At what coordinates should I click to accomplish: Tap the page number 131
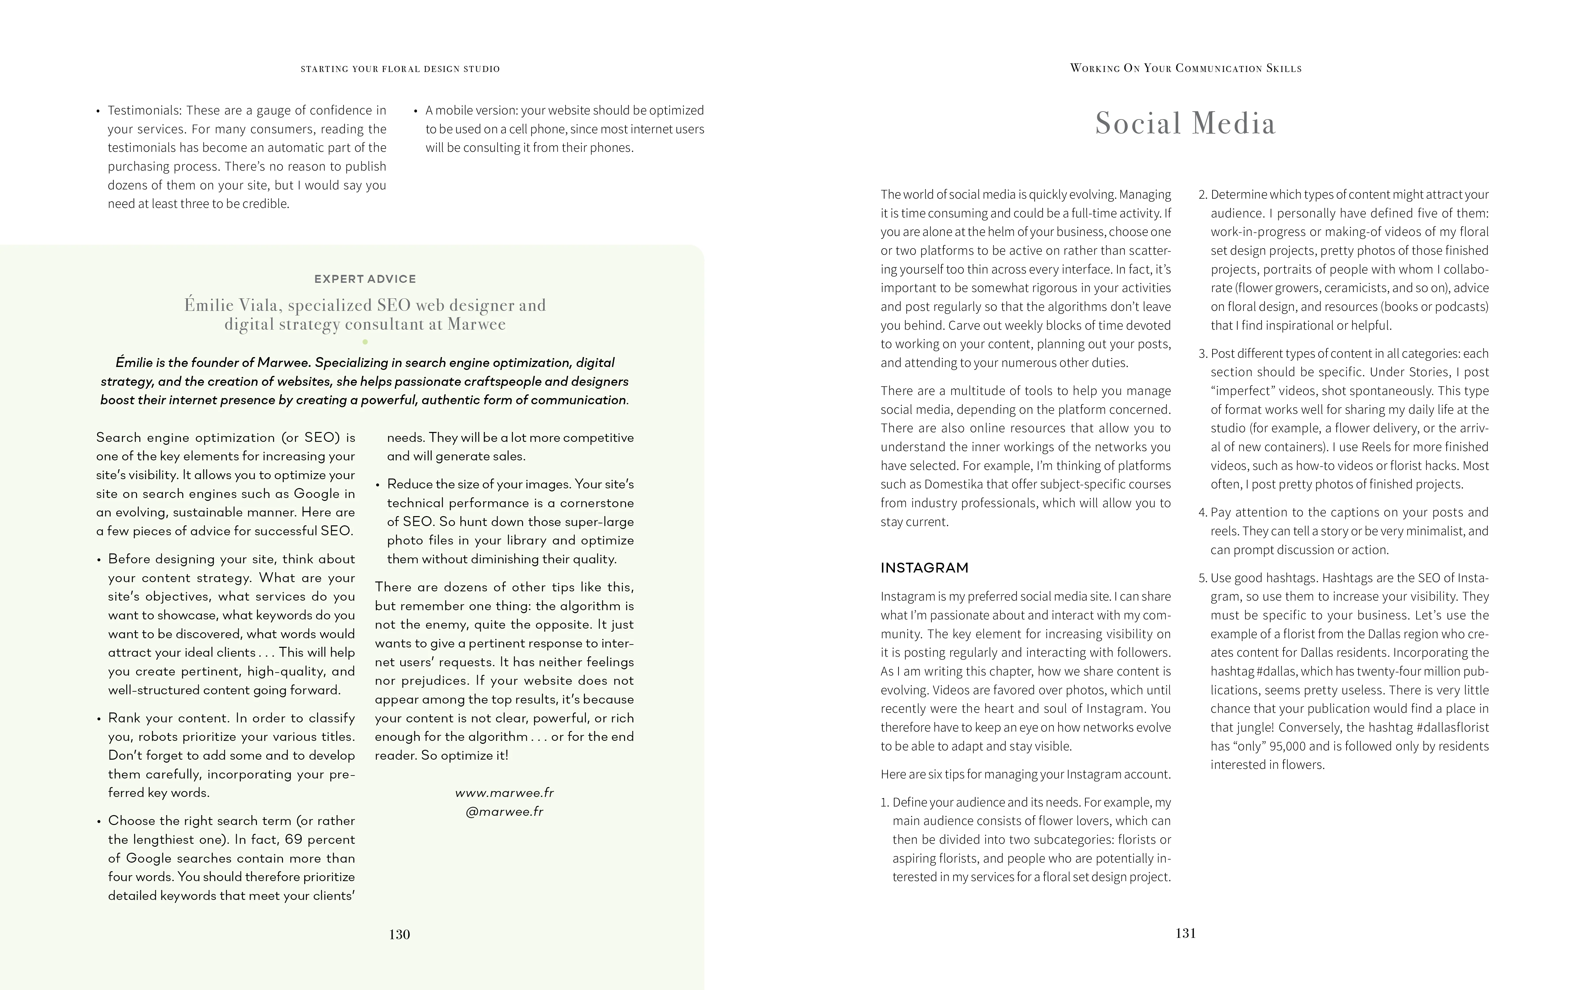[1185, 933]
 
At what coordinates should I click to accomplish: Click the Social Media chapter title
[1185, 123]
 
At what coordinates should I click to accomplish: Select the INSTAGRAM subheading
[924, 568]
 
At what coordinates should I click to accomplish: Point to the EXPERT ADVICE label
[365, 279]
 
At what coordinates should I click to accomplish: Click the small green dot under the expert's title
[365, 342]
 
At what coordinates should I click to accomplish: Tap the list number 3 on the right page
[1203, 353]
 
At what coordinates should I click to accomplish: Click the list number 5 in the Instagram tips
[1203, 578]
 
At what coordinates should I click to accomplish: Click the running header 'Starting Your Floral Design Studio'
[400, 69]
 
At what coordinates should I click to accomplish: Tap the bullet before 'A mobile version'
[416, 111]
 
